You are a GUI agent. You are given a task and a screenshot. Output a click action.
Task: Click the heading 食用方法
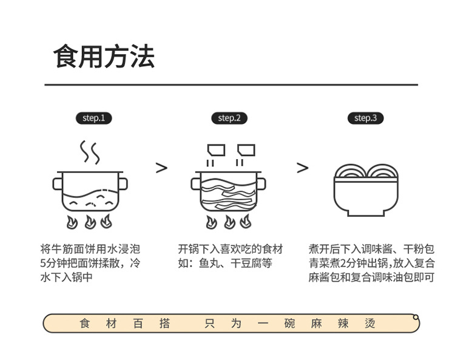104,56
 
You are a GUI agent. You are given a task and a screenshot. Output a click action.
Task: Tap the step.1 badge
93,118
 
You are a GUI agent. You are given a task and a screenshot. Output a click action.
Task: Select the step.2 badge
229,118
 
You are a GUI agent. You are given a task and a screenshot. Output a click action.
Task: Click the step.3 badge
365,118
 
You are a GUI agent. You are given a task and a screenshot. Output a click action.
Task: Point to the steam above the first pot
90,153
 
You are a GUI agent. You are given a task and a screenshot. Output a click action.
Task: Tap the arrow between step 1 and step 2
161,168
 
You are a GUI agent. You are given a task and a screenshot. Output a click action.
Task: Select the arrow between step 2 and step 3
302,168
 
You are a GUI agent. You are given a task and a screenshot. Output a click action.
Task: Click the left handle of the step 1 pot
58,183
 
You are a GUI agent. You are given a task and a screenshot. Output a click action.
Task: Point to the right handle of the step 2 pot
261,183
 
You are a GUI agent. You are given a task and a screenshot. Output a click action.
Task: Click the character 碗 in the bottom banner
289,324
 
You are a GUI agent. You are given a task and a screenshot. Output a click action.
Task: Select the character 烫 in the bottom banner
370,324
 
